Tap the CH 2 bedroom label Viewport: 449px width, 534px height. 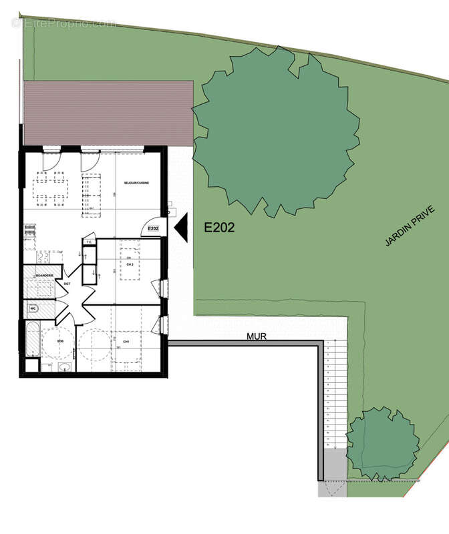(130, 266)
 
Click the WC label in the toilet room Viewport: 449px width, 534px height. (32, 308)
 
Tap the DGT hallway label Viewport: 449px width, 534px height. (67, 284)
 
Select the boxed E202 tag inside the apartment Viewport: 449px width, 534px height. (153, 229)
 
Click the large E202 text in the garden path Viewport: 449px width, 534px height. (219, 228)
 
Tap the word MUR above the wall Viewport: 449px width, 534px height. (257, 337)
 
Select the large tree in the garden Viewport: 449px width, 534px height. (274, 133)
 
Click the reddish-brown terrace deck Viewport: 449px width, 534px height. (107, 113)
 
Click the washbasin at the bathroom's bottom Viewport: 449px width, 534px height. (65, 366)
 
